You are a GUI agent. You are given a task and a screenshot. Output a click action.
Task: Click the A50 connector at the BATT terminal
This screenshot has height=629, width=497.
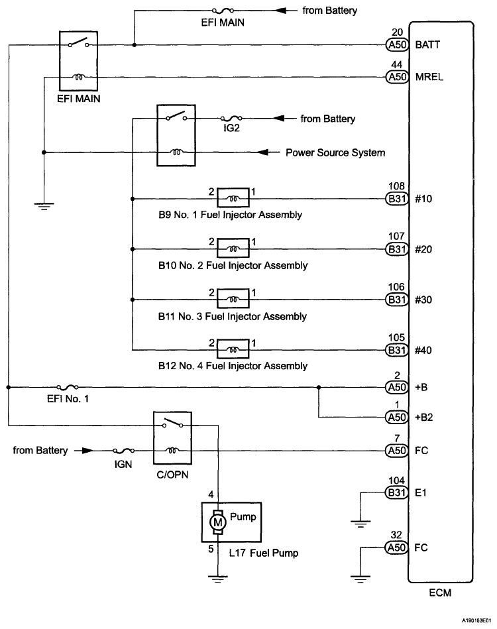[397, 44]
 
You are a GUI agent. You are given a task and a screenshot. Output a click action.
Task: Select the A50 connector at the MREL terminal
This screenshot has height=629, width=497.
[397, 77]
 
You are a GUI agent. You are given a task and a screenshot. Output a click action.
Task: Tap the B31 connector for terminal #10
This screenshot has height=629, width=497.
[397, 199]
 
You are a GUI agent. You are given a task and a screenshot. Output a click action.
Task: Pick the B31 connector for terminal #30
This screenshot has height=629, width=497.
[397, 300]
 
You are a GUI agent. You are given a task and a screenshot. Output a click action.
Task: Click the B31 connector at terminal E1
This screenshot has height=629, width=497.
[397, 492]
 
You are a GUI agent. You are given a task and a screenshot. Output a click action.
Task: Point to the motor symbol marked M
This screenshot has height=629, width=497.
[217, 522]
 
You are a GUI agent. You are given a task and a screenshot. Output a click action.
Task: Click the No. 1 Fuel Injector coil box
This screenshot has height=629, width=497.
[233, 198]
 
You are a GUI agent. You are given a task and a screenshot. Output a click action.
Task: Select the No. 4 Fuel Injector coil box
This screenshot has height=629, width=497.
[233, 349]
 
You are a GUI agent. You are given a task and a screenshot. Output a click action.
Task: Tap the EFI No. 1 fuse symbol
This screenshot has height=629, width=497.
[68, 386]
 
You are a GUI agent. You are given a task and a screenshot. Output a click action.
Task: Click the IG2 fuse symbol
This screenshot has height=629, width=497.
[231, 118]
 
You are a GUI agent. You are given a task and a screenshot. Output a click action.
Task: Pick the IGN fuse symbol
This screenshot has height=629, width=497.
[123, 450]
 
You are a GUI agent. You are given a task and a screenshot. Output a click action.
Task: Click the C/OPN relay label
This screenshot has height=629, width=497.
[172, 475]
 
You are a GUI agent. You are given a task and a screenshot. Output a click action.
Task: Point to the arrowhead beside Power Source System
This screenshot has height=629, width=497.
[263, 152]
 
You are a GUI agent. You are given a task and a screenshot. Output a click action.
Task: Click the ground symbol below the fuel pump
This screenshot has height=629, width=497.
[218, 579]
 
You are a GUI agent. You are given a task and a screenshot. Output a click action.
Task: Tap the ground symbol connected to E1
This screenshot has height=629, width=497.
[360, 524]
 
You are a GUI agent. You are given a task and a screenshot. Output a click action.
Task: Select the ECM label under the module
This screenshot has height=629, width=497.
[440, 593]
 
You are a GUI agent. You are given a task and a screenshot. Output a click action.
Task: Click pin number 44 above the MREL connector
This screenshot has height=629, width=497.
[396, 64]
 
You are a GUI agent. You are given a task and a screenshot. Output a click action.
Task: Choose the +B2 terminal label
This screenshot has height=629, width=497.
[424, 417]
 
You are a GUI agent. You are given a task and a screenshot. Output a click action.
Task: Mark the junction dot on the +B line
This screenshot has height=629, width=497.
[319, 387]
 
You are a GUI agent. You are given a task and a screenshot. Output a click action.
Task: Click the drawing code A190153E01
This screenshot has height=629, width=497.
[476, 620]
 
